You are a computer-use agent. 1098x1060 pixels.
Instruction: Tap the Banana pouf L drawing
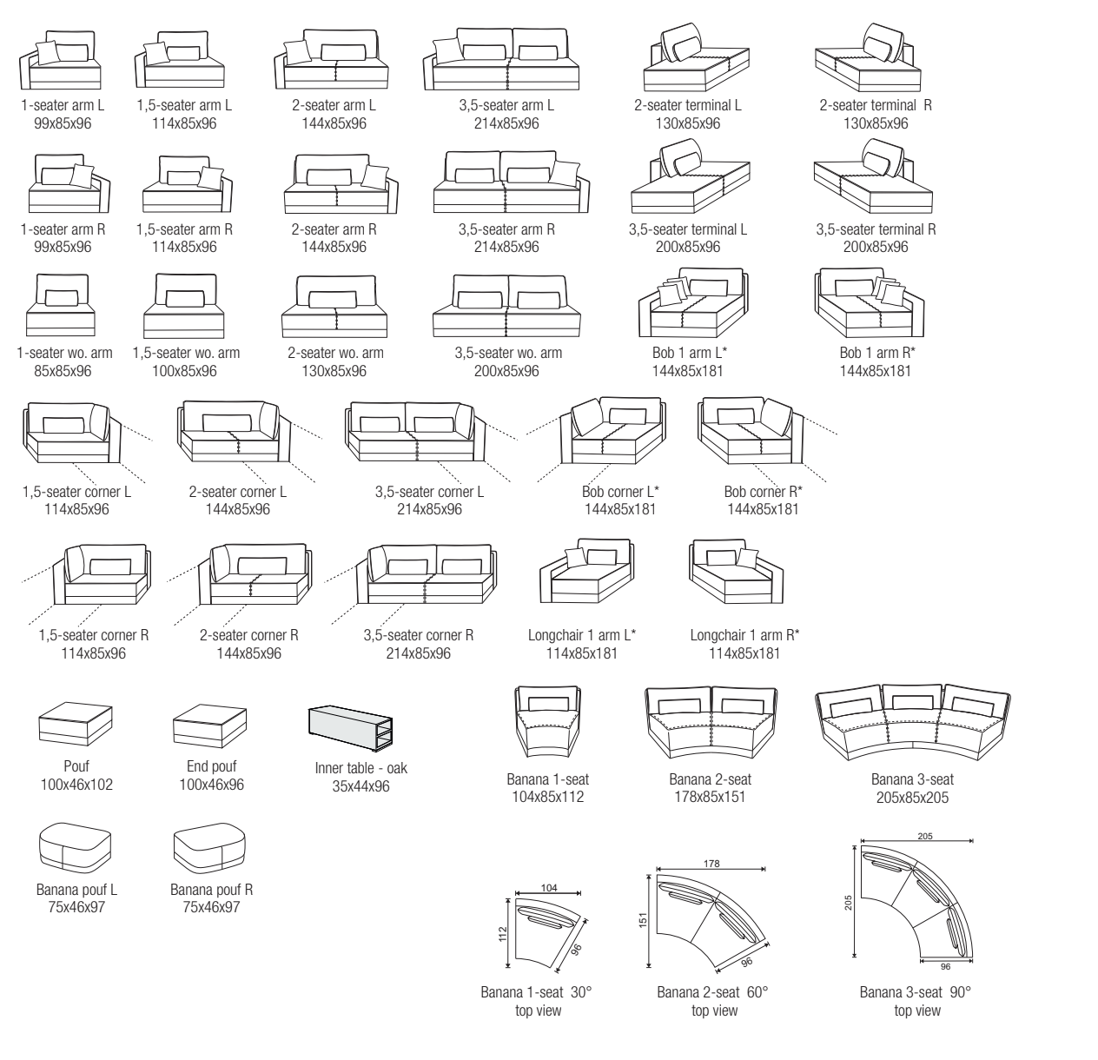coord(76,849)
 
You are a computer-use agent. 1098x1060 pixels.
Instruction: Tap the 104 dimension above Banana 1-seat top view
coord(549,887)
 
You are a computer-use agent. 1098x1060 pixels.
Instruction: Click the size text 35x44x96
coord(360,786)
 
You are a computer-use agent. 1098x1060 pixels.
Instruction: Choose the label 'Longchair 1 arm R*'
coord(744,635)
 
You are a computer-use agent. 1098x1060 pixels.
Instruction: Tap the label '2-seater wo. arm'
coord(335,353)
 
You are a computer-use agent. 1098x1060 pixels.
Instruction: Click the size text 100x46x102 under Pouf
coord(76,785)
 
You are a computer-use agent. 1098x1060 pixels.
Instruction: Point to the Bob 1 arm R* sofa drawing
coord(870,304)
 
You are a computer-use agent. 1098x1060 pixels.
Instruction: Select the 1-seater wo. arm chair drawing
coord(61,306)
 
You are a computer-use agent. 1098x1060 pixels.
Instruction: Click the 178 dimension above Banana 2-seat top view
coord(712,865)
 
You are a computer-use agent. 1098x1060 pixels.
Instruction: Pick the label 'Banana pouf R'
coord(211,890)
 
